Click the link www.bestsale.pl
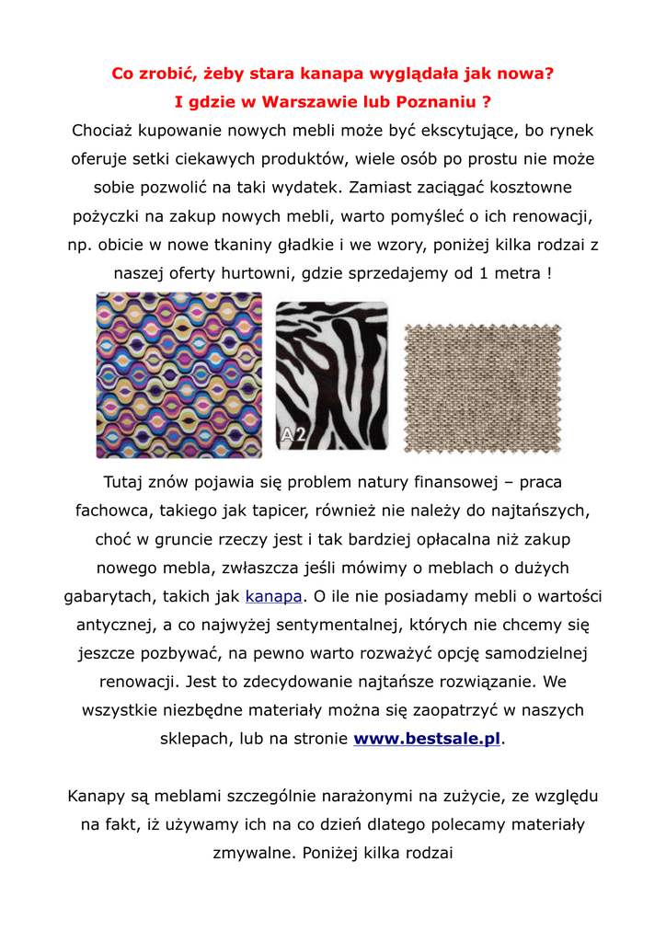[428, 739]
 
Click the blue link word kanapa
[273, 596]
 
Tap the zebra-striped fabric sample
[332, 375]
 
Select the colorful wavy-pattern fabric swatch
[179, 375]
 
